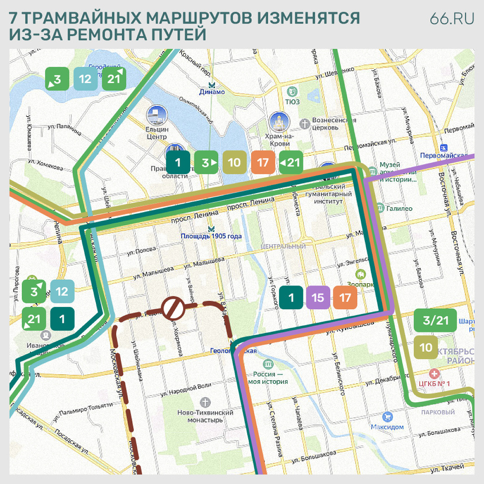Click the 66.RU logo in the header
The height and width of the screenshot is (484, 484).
coord(452,19)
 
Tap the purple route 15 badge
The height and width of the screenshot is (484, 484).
coord(318,298)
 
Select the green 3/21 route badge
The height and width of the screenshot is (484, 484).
coord(435,320)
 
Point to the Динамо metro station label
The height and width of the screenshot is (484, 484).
coord(211,92)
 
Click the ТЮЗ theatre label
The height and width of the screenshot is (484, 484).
coord(292,101)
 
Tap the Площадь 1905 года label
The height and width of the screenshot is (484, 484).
coord(211,236)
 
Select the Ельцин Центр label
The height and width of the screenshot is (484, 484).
coord(157,132)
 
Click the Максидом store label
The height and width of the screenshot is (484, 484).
coord(387,427)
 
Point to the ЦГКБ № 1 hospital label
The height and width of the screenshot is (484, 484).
coord(434,383)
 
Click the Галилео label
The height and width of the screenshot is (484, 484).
coord(399,209)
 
